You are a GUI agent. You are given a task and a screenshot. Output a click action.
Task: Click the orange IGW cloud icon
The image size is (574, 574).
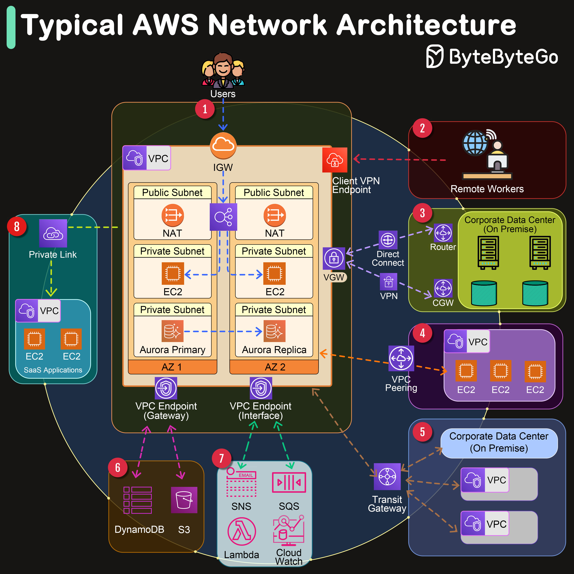tap(223, 146)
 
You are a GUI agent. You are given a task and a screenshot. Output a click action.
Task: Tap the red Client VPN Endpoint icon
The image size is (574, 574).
tap(335, 160)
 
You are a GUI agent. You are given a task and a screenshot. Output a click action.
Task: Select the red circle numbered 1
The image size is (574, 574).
tap(205, 109)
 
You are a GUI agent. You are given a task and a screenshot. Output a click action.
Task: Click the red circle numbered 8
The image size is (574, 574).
tap(17, 226)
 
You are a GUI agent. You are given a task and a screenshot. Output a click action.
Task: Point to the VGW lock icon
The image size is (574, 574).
tap(334, 258)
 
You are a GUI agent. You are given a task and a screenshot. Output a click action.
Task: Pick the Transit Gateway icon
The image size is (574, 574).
tap(387, 477)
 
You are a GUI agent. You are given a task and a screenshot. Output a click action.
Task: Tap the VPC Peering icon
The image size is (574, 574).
tap(401, 358)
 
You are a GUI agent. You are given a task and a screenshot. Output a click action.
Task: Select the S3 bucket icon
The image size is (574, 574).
tap(184, 500)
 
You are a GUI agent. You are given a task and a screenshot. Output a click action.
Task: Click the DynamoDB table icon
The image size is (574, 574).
tap(138, 500)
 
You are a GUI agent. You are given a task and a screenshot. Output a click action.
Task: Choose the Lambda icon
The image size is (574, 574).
tap(242, 531)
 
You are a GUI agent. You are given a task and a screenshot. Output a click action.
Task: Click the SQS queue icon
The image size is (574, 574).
tap(289, 482)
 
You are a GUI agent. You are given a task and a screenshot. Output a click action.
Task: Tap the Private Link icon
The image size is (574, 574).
tap(53, 234)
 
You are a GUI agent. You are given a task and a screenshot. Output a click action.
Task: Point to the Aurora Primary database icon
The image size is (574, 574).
tap(172, 331)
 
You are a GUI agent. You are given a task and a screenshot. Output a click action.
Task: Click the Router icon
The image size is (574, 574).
tap(443, 233)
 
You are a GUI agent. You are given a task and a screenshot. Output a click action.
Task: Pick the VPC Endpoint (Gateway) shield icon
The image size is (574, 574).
tap(166, 388)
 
